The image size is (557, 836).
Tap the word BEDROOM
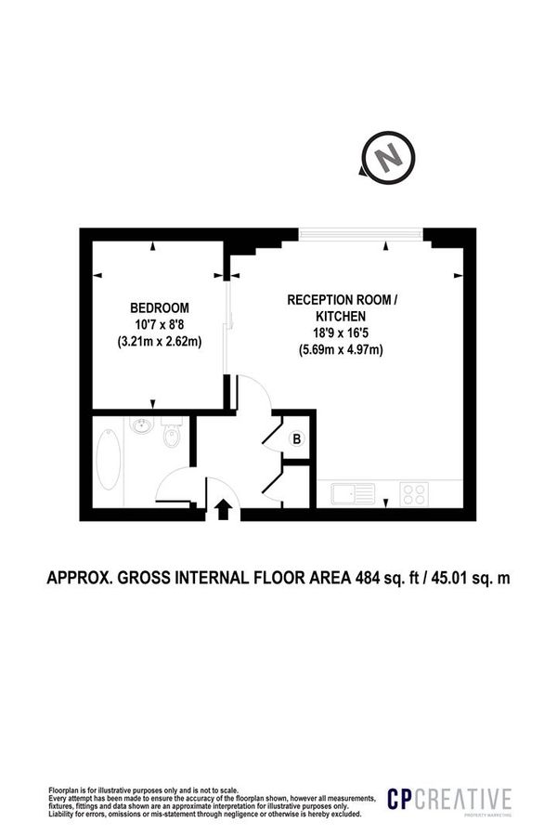click(x=159, y=307)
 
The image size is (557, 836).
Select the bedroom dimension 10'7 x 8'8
click(x=159, y=324)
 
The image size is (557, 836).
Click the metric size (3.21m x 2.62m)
click(x=159, y=341)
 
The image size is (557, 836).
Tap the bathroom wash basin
click(x=142, y=426)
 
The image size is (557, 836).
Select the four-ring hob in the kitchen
click(x=414, y=493)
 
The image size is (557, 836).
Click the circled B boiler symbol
click(x=296, y=439)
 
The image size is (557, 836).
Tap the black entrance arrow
click(x=223, y=508)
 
